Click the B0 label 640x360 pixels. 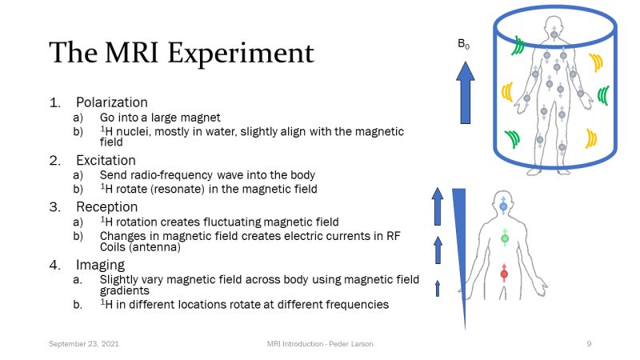click(463, 45)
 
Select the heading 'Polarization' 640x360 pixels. click(112, 102)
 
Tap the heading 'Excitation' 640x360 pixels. click(106, 160)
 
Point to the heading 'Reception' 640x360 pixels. click(106, 207)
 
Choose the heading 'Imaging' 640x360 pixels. click(100, 265)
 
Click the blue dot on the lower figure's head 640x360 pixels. click(503, 206)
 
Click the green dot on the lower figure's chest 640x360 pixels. click(504, 238)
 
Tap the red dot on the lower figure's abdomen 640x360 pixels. click(504, 274)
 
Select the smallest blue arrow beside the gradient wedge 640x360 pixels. click(438, 288)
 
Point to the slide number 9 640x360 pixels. click(589, 343)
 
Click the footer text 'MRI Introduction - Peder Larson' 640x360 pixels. click(320, 343)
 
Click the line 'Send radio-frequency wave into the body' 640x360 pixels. click(207, 175)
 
